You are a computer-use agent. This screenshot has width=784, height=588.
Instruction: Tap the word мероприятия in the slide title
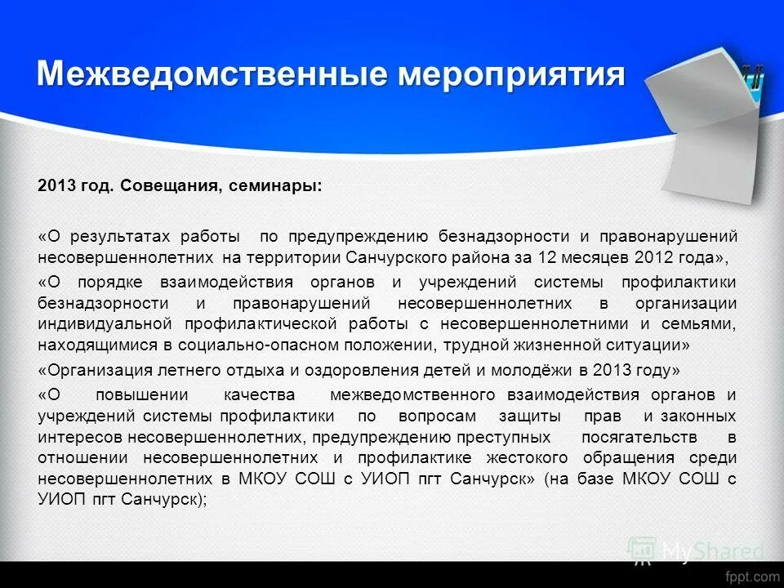[x=511, y=74]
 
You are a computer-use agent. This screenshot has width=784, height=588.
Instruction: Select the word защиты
[x=523, y=416]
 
